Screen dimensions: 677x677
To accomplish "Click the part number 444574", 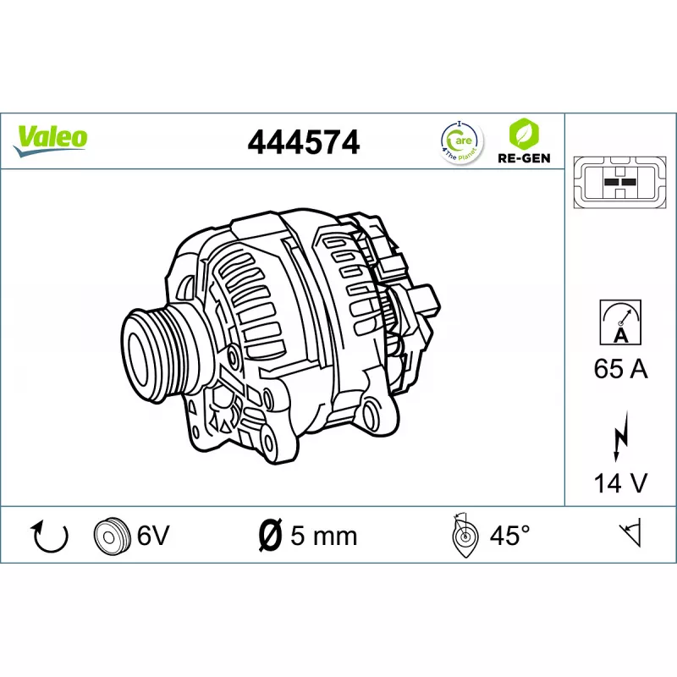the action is click(x=304, y=142).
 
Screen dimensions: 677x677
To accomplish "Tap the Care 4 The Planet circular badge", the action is click(x=461, y=142).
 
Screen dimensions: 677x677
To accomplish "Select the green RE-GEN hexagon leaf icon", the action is click(x=524, y=134).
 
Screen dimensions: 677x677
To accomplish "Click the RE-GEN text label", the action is click(x=524, y=158).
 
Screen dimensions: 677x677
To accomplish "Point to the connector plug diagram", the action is click(x=620, y=183).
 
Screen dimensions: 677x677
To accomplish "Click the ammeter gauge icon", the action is click(x=620, y=322).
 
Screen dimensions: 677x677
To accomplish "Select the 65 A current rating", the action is click(x=621, y=369).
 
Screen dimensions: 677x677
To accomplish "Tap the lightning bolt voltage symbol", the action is click(x=621, y=437).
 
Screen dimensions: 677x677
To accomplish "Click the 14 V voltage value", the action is click(x=621, y=482).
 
